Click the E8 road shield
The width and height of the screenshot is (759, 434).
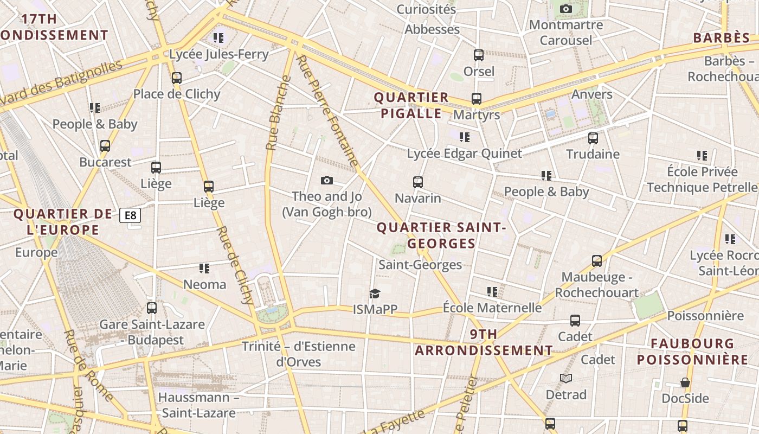tap(130, 215)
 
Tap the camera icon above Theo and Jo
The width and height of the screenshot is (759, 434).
tap(326, 180)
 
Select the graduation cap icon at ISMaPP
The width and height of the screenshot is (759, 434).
tap(375, 293)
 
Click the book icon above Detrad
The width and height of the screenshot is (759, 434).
tap(566, 378)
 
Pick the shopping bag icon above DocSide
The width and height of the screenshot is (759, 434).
tap(685, 382)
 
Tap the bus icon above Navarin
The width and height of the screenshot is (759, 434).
tap(417, 182)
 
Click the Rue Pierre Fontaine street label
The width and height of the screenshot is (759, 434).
tap(328, 111)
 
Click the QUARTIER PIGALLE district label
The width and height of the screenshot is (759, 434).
tap(411, 105)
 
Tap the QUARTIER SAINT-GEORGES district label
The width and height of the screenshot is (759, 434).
tap(441, 235)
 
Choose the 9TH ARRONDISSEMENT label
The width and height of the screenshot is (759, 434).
tap(484, 342)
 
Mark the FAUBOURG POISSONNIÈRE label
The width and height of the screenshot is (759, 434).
tap(692, 352)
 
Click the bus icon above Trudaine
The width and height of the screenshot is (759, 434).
tap(593, 138)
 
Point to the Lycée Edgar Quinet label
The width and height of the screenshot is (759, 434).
tap(464, 154)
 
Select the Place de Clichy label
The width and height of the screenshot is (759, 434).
tap(177, 94)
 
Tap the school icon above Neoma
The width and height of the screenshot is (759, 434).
tap(204, 268)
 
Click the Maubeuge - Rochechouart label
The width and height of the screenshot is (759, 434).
tap(596, 285)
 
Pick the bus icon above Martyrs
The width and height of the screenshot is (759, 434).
tap(476, 99)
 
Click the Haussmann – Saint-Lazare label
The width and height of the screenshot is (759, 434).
tap(199, 405)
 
